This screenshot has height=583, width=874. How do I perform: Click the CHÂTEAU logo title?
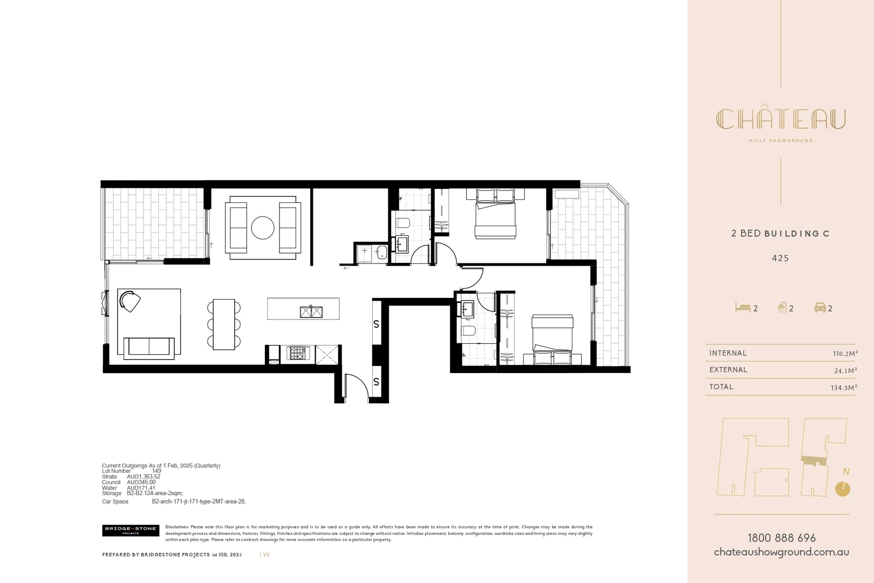781,119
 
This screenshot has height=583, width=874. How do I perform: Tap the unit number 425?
780,258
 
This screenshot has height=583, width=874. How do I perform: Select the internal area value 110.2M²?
845,354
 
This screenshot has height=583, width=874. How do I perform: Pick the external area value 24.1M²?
845,370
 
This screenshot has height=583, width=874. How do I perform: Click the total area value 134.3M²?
844,387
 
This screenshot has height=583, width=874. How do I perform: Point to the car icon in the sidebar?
820,308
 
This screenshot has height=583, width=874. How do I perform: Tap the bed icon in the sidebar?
742,308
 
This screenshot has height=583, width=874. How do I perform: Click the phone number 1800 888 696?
781,538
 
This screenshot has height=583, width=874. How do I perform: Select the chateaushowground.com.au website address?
781,552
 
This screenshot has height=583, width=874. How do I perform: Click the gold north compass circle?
842,489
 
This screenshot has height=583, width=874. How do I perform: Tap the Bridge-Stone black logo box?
131,530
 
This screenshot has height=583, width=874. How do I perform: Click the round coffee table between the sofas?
263,228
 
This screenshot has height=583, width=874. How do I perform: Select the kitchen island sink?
311,311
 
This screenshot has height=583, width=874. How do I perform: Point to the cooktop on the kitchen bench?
297,353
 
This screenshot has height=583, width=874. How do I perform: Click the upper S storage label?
376,324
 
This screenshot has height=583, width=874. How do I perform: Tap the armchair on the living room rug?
129,301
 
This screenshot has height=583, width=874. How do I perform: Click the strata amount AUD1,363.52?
144,477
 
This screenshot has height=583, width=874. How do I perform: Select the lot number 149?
156,471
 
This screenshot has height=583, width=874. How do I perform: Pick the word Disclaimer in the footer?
177,527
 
